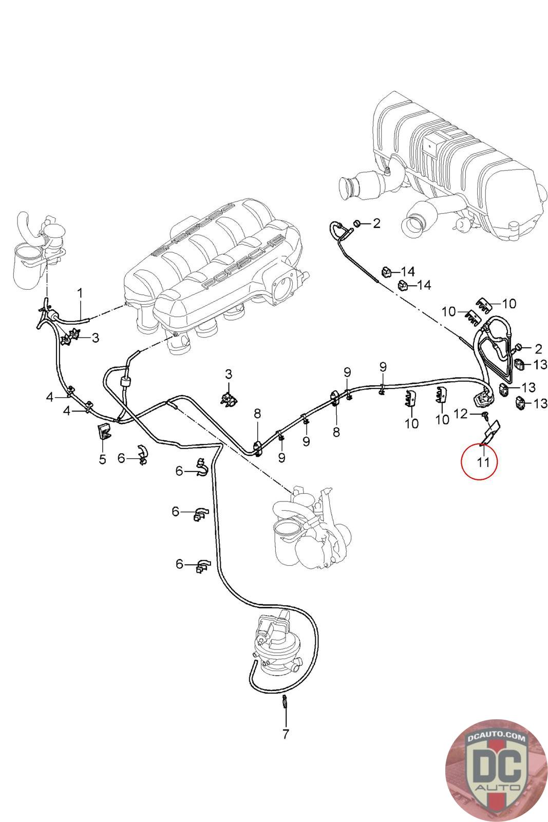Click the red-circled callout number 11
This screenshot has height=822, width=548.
482,461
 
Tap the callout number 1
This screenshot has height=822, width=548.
80,293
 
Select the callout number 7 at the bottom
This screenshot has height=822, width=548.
286,734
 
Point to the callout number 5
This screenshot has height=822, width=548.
102,459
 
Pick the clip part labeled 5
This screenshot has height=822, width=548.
104,432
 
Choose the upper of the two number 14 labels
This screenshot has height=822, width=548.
408,271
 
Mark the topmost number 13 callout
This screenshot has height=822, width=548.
540,364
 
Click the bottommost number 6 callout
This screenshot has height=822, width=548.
179,564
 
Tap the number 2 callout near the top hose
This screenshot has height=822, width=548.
376,223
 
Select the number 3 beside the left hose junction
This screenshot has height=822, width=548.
96,338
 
